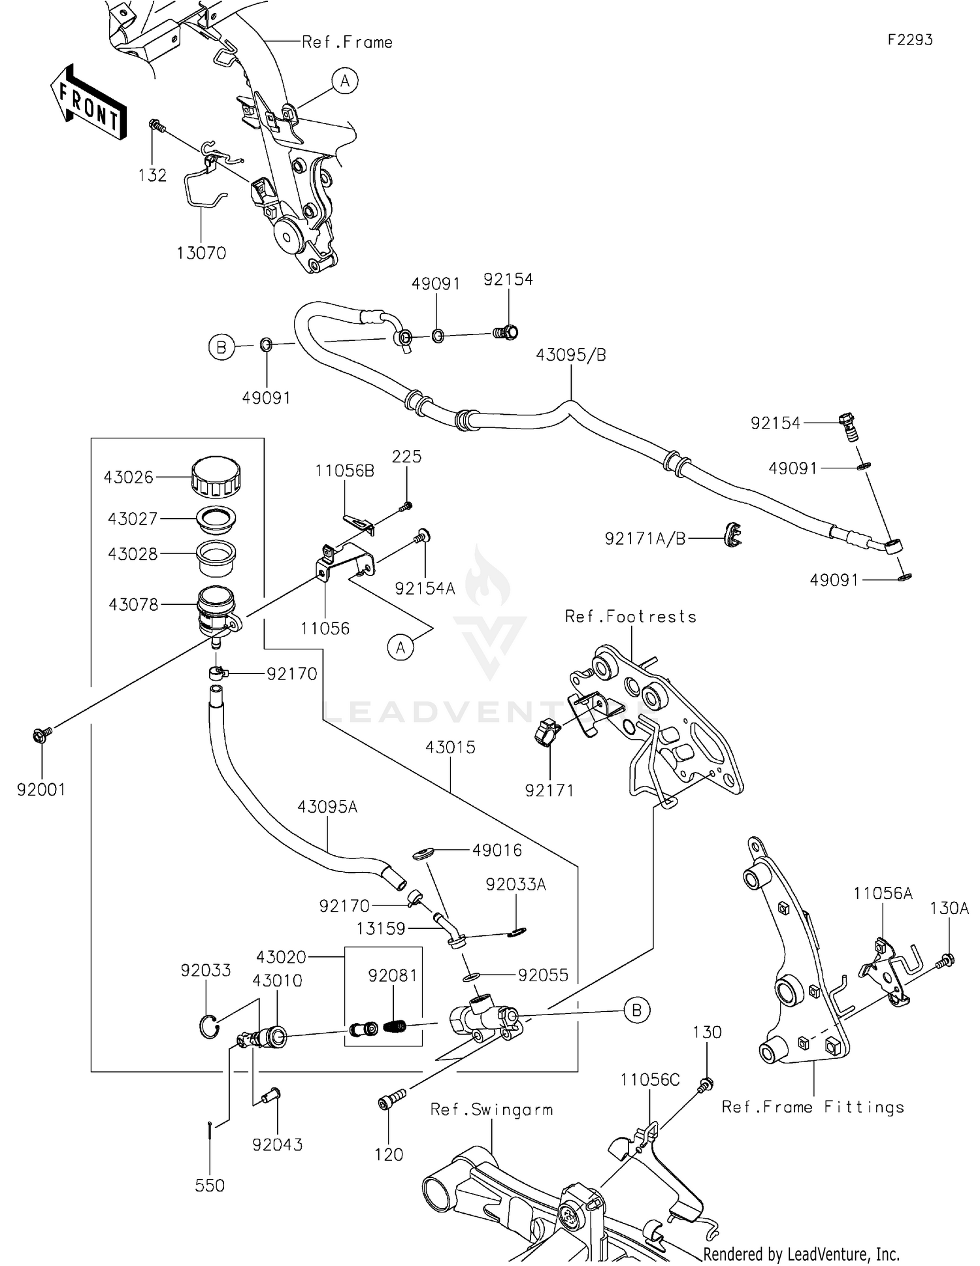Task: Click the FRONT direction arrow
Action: coord(88,103)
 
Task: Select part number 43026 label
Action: coord(128,478)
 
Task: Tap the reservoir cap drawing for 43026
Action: coord(216,477)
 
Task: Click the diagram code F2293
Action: coord(909,40)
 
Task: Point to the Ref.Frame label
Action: coord(347,42)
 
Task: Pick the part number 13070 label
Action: coord(201,253)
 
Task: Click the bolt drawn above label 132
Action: coord(155,124)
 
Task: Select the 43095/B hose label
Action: coord(571,355)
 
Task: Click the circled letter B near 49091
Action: coord(221,348)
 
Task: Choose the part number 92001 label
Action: coord(41,790)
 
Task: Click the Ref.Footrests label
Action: coord(630,617)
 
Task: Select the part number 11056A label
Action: coord(883,893)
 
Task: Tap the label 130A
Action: coord(950,908)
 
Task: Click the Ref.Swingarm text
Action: coord(491,1109)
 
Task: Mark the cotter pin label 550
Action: coord(210,1186)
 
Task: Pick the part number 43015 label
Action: coord(450,747)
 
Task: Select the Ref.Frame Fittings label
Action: coord(813,1107)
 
